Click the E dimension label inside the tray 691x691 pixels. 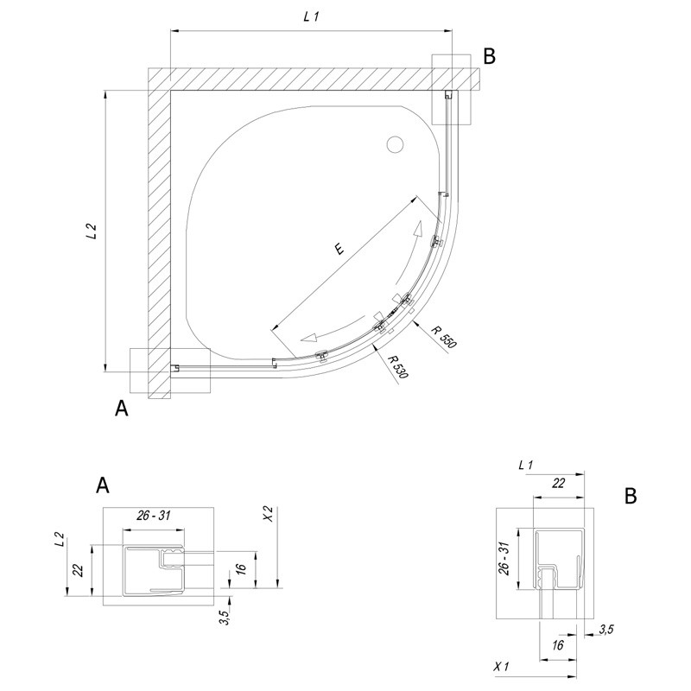tap(339, 250)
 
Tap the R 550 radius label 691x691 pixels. tap(445, 336)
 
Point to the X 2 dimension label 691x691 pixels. tap(269, 515)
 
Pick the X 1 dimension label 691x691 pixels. tap(501, 667)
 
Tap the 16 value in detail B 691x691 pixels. tap(559, 644)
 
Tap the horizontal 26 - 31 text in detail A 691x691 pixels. tap(154, 516)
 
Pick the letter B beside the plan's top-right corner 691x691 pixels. tap(489, 57)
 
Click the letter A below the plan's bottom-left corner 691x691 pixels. tap(122, 409)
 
